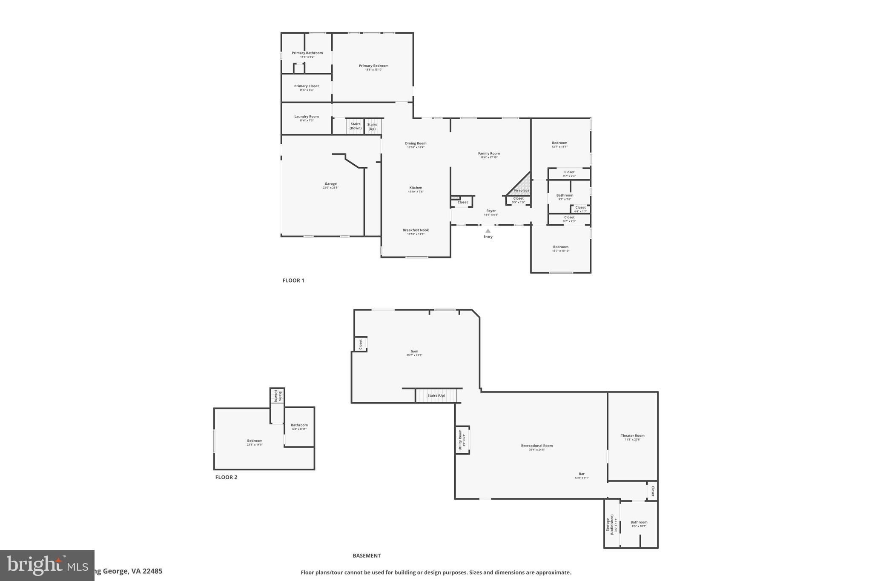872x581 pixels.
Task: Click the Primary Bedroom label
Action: (373, 66)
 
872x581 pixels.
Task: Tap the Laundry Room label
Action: (306, 117)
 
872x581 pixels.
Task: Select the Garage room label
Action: (330, 184)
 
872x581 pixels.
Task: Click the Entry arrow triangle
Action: (488, 231)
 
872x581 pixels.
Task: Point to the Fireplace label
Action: (522, 190)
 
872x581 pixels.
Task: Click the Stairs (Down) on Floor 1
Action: (356, 126)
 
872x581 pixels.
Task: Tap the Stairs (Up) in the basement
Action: (436, 395)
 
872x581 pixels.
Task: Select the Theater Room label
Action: (632, 435)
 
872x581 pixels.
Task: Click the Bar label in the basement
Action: (581, 474)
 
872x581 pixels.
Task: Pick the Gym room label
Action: (414, 352)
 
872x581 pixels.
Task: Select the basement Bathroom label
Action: (639, 522)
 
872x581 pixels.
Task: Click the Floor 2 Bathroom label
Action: (299, 425)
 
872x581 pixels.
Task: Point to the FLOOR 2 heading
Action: (226, 477)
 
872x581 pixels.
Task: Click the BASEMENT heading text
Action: (366, 555)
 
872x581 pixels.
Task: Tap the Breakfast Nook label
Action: (416, 230)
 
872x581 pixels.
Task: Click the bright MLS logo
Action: (47, 565)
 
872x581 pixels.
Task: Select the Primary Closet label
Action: (306, 86)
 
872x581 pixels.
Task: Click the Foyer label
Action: (491, 211)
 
